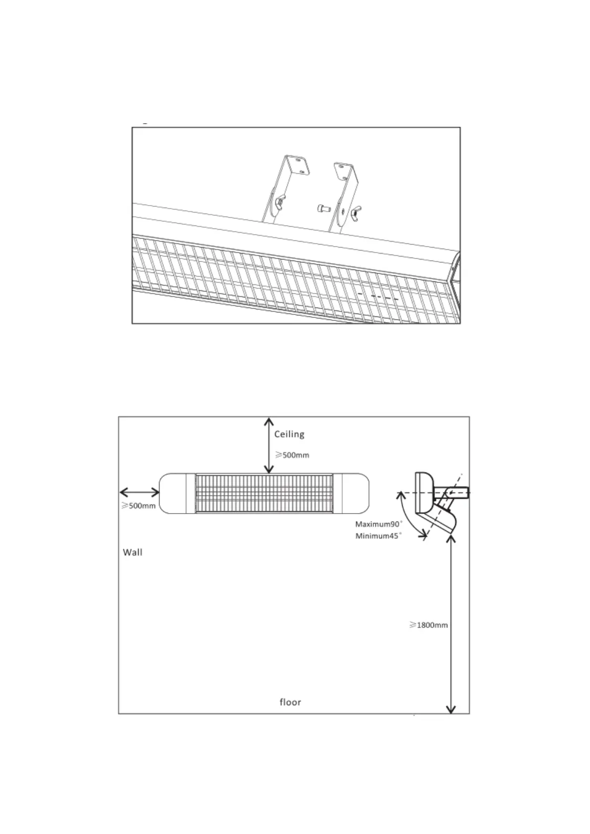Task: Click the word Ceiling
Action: pos(289,434)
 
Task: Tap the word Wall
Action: pos(132,552)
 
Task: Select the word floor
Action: pos(290,702)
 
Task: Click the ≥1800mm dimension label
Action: pos(429,625)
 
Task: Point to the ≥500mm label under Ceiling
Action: pos(292,455)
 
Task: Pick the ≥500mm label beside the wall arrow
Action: pos(138,506)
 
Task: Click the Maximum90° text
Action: pos(379,524)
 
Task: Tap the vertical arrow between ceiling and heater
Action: pos(268,445)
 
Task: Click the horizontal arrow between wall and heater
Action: pos(140,492)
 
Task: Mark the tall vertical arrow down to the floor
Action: pos(451,624)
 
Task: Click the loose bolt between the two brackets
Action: pos(322,208)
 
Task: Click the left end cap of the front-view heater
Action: pos(173,493)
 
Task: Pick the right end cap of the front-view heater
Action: pos(351,493)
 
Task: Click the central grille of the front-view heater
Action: pos(264,493)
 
